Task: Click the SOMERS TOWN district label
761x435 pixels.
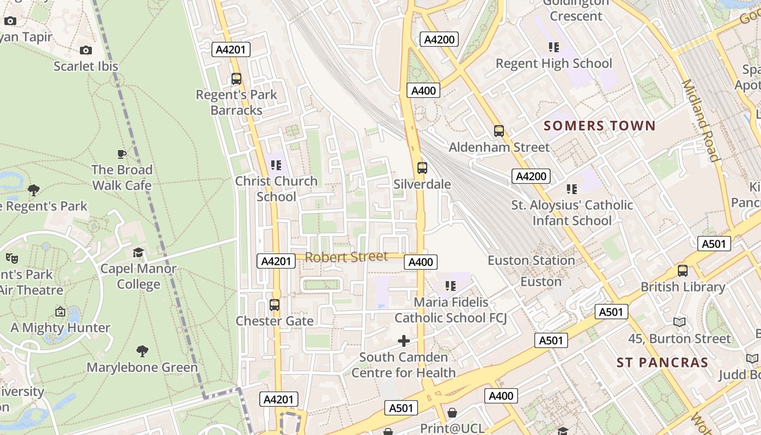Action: click(600, 126)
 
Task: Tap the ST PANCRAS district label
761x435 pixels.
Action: click(663, 363)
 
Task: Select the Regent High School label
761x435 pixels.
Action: click(554, 64)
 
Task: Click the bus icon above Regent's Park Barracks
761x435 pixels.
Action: click(236, 79)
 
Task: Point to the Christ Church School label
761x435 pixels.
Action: click(276, 189)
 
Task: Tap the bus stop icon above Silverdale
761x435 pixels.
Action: click(422, 168)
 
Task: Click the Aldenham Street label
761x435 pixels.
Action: click(499, 147)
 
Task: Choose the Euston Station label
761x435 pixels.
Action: click(531, 260)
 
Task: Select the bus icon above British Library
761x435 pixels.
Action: click(683, 270)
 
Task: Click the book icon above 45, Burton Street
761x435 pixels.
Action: click(679, 322)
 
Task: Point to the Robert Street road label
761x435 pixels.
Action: click(346, 257)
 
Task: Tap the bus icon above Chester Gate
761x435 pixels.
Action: click(275, 305)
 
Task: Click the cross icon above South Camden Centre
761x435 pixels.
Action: click(404, 341)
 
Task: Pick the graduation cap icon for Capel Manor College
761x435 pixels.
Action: click(138, 253)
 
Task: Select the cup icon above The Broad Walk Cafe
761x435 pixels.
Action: click(122, 154)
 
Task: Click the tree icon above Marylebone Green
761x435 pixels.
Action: click(142, 351)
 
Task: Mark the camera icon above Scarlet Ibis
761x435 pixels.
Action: click(86, 51)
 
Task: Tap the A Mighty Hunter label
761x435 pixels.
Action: click(60, 328)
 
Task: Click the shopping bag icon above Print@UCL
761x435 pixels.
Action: click(452, 413)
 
